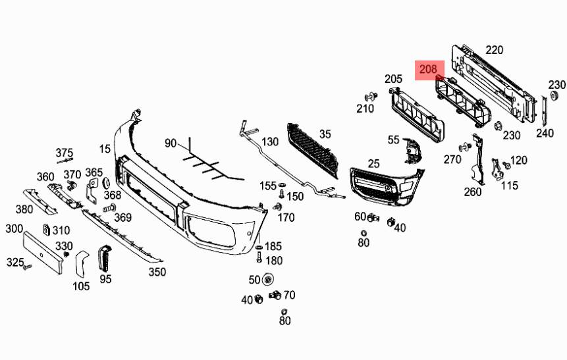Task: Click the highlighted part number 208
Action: tap(429, 69)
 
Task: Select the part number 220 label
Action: tap(494, 49)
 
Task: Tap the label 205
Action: tap(393, 79)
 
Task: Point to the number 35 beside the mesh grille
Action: tap(325, 134)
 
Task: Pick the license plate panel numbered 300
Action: tap(43, 249)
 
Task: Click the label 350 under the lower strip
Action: tap(157, 271)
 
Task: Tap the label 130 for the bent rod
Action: tap(270, 141)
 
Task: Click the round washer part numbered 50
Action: tap(268, 279)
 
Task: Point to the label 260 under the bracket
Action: tap(473, 192)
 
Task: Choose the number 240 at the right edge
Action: tap(545, 133)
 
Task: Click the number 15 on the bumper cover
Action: tap(105, 149)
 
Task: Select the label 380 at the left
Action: tap(24, 209)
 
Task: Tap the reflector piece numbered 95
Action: tap(106, 258)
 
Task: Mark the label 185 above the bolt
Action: tap(273, 247)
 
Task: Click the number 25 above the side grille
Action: tap(374, 163)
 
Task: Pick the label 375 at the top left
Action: tap(64, 152)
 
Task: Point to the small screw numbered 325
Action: tap(27, 267)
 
